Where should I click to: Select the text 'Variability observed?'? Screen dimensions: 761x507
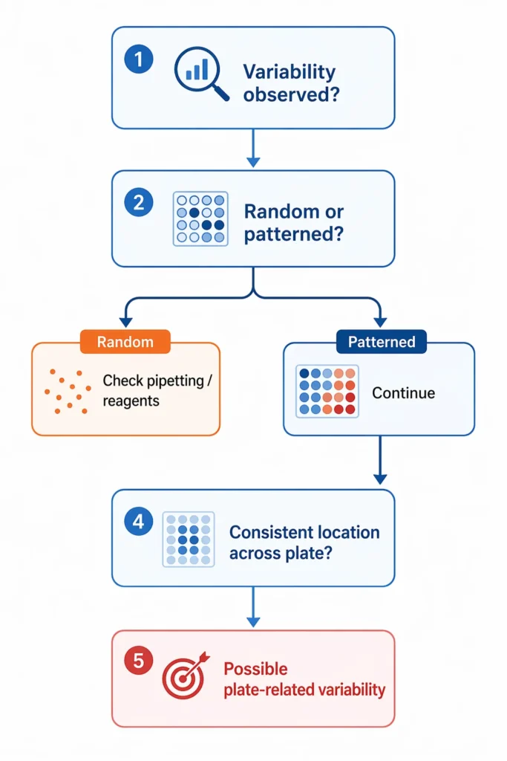(290, 82)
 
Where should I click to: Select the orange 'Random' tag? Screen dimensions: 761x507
(125, 342)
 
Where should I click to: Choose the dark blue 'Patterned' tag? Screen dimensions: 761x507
(382, 342)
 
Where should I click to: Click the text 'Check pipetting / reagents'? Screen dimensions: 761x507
(157, 390)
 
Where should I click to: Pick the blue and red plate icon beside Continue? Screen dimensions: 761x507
(327, 390)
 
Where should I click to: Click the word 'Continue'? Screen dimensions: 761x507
(403, 392)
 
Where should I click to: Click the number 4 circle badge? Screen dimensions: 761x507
(138, 522)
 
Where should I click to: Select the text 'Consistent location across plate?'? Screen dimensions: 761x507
(304, 543)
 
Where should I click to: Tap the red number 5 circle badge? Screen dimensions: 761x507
(138, 659)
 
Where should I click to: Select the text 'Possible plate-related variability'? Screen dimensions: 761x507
(304, 679)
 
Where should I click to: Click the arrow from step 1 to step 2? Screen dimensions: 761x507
(253, 149)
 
